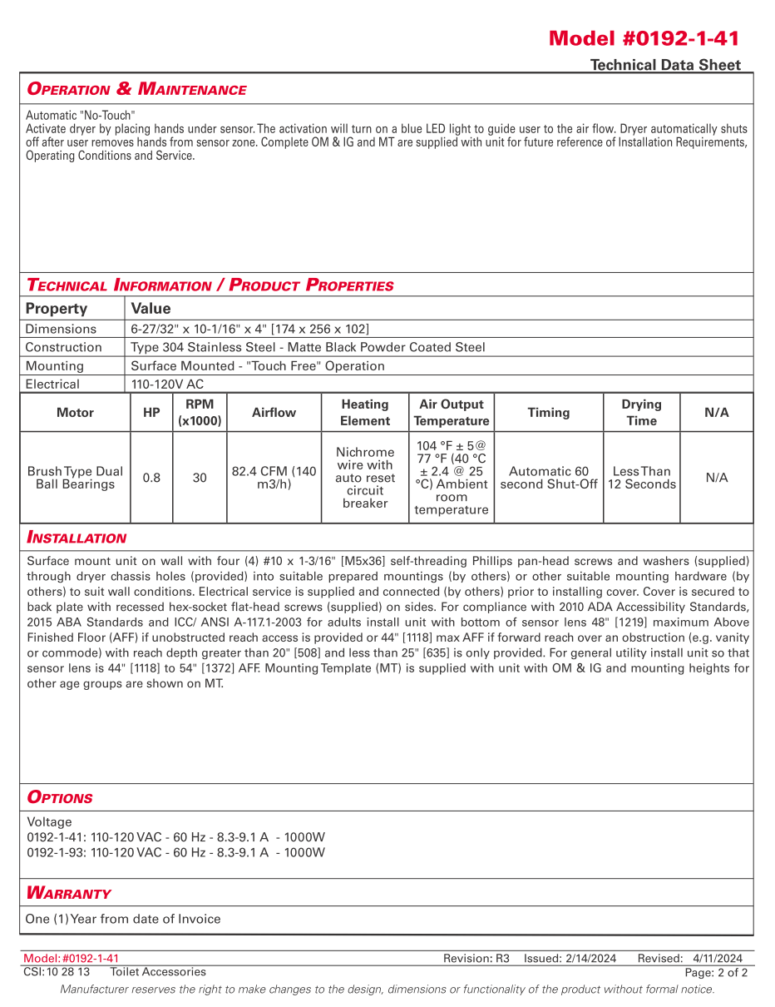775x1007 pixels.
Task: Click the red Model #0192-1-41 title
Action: pyautogui.click(x=644, y=38)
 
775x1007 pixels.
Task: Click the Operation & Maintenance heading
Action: pyautogui.click(x=136, y=89)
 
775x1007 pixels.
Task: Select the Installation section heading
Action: pyautogui.click(x=77, y=538)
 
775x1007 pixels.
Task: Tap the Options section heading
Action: pyautogui.click(x=60, y=797)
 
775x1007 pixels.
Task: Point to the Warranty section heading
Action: pyautogui.click(x=68, y=893)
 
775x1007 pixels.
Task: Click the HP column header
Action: pyautogui.click(x=151, y=413)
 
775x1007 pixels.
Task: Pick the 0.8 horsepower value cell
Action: pyautogui.click(x=151, y=478)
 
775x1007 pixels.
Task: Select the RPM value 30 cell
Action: pyautogui.click(x=200, y=478)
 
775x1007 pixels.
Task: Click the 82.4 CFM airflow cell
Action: pyautogui.click(x=274, y=478)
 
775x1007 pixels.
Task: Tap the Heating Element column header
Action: pyautogui.click(x=365, y=413)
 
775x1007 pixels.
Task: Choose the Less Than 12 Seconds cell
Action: pyautogui.click(x=641, y=478)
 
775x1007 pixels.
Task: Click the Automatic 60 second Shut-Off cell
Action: pyautogui.click(x=549, y=478)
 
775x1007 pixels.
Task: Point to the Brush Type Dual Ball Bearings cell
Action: pyautogui.click(x=75, y=478)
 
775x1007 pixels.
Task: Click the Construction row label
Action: pyautogui.click(x=63, y=347)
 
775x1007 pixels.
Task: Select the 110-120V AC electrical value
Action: pyautogui.click(x=167, y=384)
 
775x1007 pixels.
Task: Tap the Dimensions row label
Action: pyautogui.click(x=61, y=329)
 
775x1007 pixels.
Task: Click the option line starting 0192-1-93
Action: pyautogui.click(x=175, y=852)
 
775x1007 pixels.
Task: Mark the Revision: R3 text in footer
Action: pyautogui.click(x=476, y=959)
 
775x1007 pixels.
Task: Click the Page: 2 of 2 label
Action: pyautogui.click(x=716, y=972)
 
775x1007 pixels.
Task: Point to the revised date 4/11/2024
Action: pyautogui.click(x=718, y=959)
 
